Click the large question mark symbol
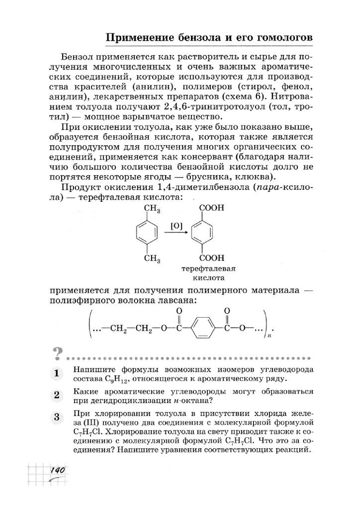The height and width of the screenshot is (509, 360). (58, 354)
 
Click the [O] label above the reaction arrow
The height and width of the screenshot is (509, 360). (176, 225)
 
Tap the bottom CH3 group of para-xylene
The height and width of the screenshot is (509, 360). (152, 258)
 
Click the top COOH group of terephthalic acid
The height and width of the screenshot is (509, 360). (211, 210)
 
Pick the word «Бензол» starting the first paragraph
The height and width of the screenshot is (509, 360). (77, 55)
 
